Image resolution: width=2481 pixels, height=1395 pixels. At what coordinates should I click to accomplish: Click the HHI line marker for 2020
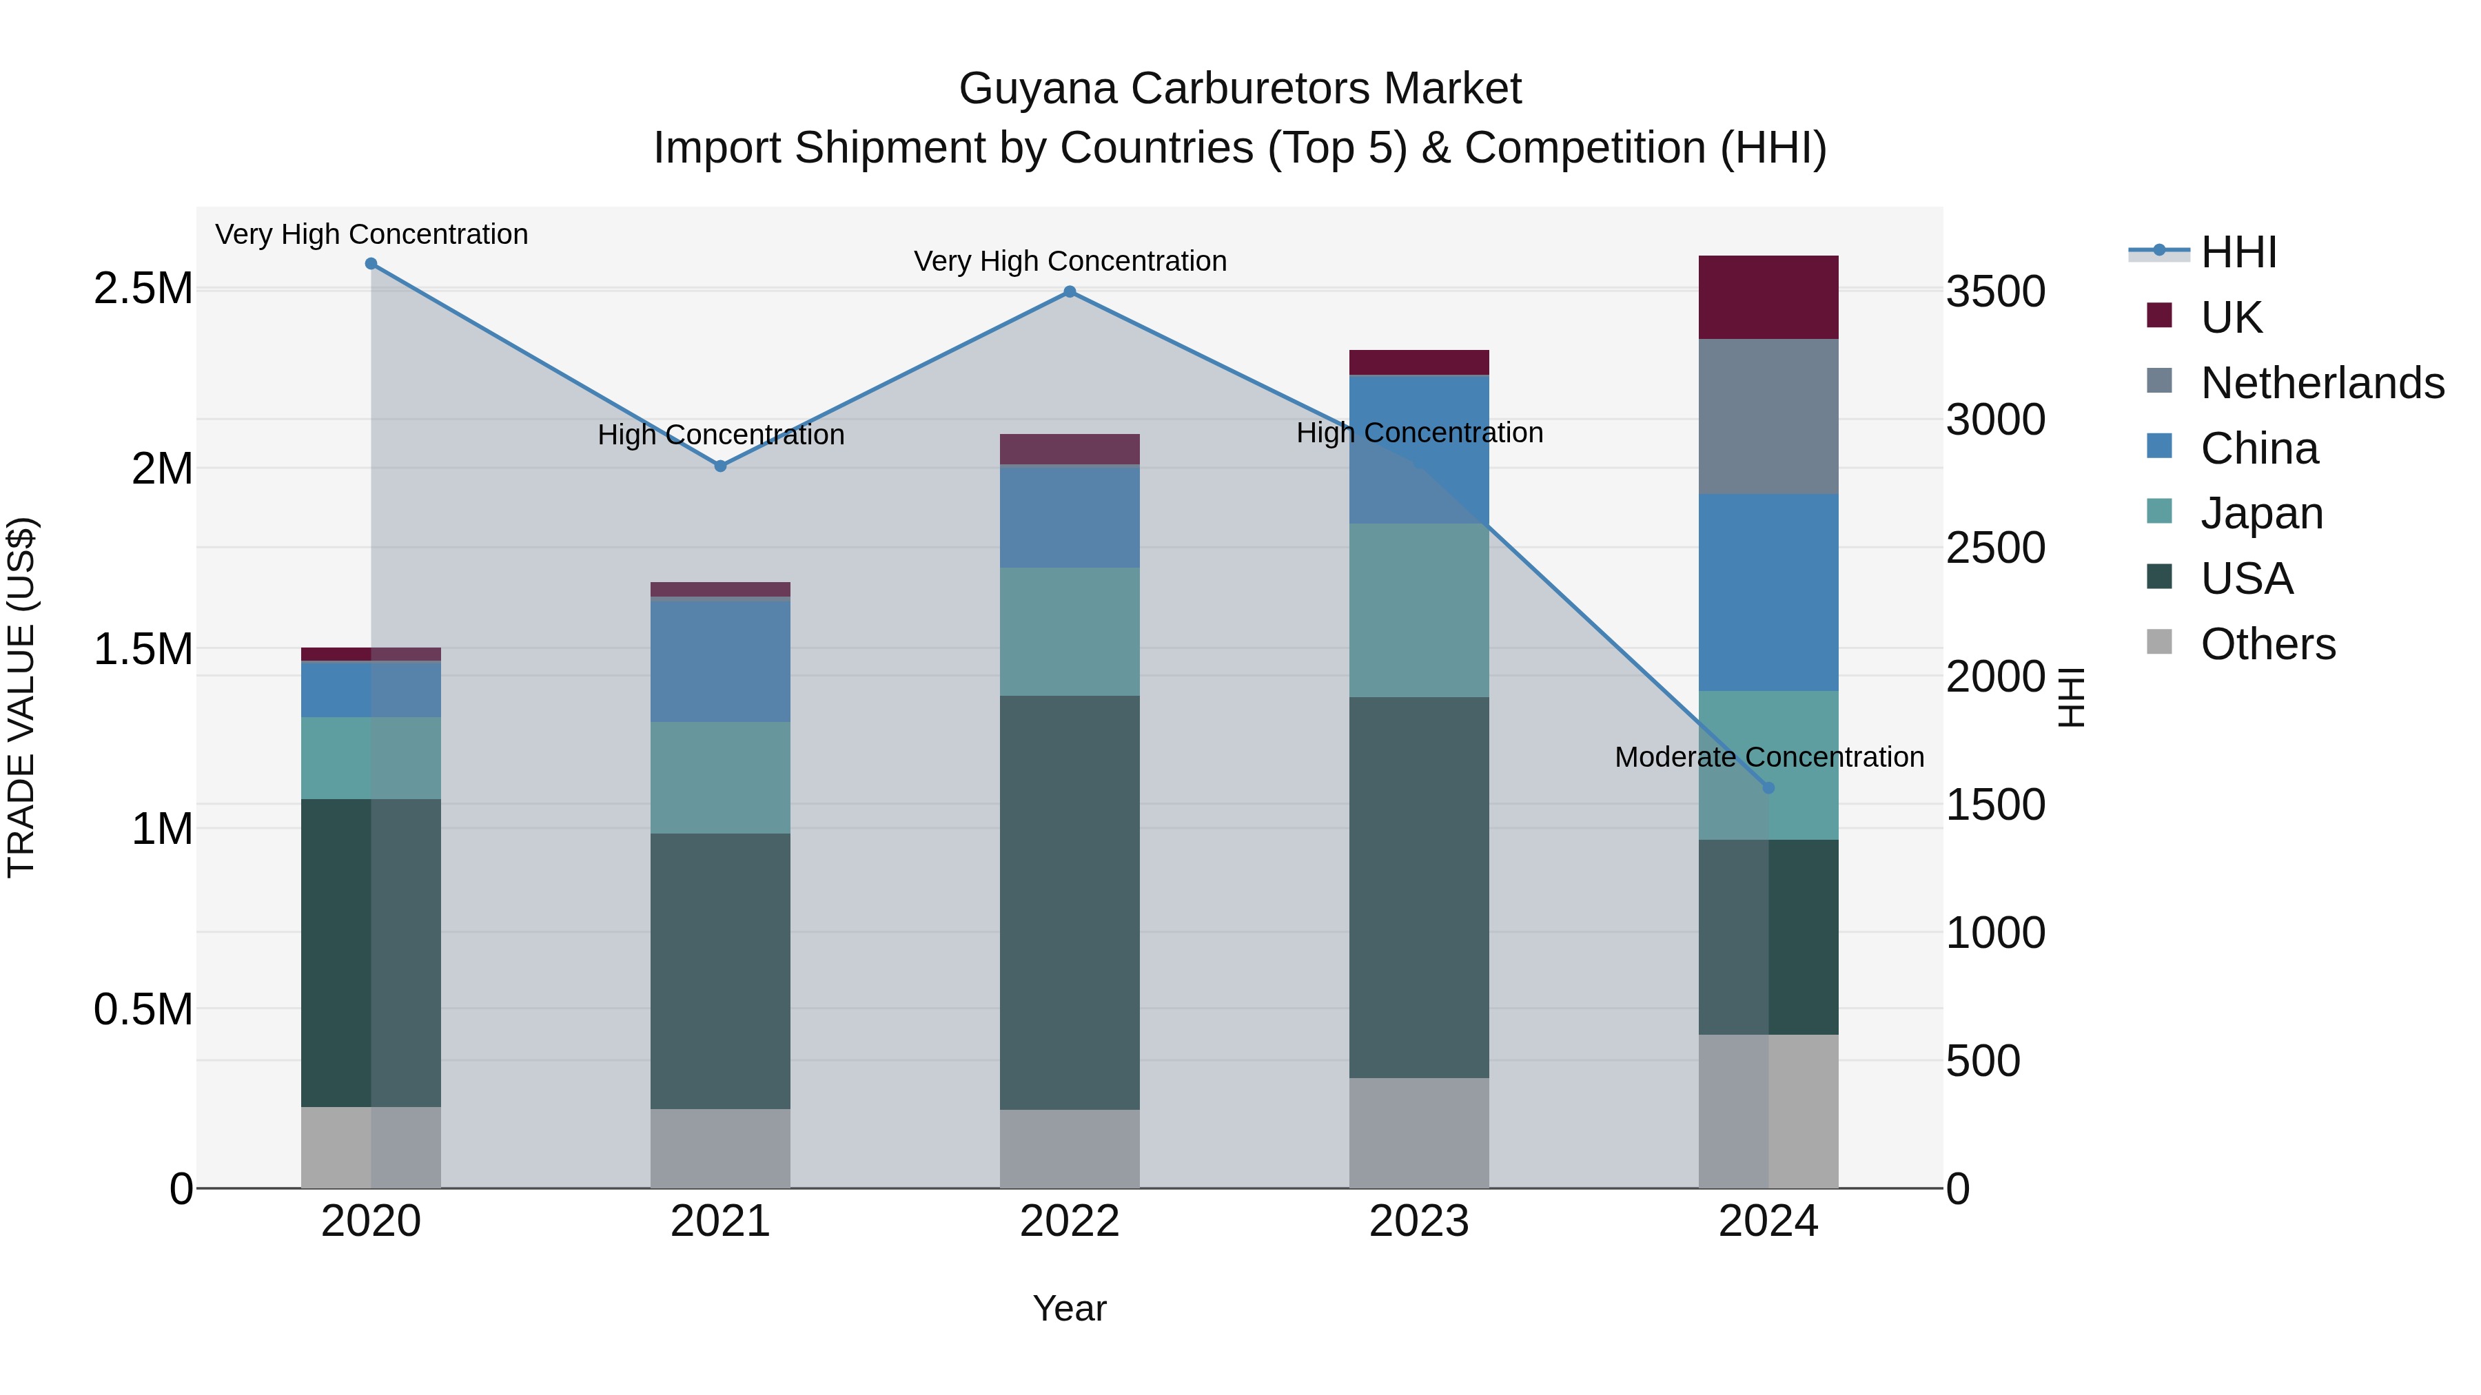point(371,264)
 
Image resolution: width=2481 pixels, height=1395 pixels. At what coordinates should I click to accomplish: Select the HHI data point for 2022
point(1069,291)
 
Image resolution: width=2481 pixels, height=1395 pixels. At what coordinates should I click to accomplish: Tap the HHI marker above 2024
point(1768,787)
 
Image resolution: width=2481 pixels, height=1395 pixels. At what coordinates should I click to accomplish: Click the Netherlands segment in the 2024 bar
point(1768,416)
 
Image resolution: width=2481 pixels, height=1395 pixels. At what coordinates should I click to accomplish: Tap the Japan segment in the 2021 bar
point(720,777)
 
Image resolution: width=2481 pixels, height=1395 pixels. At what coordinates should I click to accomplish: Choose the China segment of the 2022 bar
point(1069,516)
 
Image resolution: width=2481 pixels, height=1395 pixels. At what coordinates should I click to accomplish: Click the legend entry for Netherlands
point(2321,383)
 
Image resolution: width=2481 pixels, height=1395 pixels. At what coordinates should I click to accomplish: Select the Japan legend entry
point(2260,513)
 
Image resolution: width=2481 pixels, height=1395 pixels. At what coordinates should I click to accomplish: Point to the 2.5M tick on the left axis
point(143,289)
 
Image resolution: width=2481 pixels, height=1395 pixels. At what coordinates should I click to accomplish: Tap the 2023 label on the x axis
point(1419,1221)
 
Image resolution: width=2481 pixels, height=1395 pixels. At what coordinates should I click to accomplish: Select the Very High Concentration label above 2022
point(1069,261)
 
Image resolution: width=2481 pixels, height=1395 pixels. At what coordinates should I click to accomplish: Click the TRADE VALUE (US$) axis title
point(21,697)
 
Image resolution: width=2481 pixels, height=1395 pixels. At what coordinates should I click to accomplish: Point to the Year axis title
point(1069,1308)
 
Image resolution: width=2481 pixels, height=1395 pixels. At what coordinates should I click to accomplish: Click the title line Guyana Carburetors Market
point(1240,89)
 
